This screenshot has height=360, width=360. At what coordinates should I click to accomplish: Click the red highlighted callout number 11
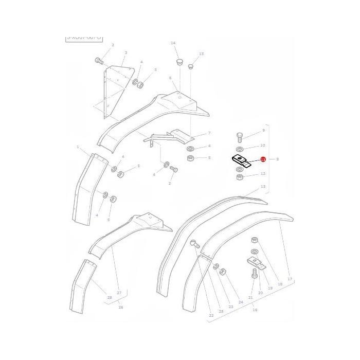click(x=263, y=160)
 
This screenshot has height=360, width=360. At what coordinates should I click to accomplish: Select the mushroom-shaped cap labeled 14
click(x=178, y=61)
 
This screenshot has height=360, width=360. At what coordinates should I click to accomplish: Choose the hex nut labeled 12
click(x=239, y=178)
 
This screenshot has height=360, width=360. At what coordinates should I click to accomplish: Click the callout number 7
click(x=209, y=133)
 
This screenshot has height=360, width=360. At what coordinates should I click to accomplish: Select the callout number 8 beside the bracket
click(x=278, y=159)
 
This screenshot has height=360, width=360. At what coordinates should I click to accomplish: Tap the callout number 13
click(x=263, y=186)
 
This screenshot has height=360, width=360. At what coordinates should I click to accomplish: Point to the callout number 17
click(x=290, y=279)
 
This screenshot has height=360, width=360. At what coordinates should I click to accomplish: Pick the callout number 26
click(x=121, y=308)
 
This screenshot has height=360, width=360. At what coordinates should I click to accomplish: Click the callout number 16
click(x=255, y=310)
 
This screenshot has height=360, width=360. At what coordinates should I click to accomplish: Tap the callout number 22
click(x=211, y=315)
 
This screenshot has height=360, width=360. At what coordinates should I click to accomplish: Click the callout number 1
click(x=78, y=147)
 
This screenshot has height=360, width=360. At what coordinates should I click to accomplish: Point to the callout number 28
click(x=109, y=298)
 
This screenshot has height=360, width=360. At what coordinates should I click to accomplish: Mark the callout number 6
click(x=169, y=78)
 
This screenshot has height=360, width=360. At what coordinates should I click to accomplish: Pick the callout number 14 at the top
click(x=173, y=43)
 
